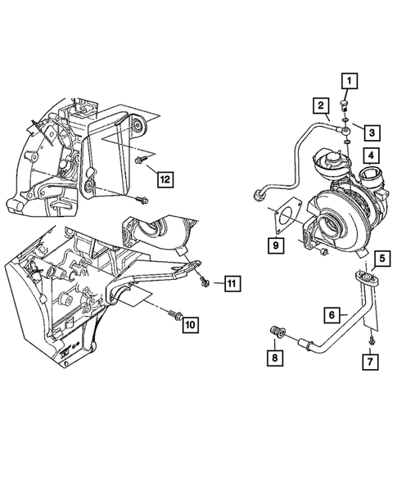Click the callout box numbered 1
(350, 80)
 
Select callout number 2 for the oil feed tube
(319, 105)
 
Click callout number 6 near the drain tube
(332, 314)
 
